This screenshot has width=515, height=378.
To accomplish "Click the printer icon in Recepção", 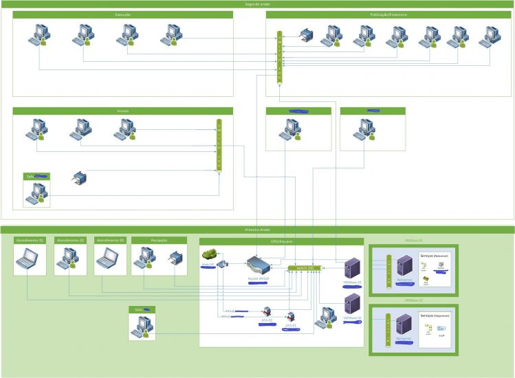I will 175,259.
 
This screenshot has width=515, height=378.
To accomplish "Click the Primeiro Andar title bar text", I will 257,230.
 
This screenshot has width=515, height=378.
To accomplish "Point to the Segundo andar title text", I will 257,3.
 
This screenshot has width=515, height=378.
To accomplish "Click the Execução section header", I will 123,14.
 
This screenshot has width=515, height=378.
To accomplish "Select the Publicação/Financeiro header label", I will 389,14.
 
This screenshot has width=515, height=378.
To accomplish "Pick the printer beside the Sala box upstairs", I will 80,180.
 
